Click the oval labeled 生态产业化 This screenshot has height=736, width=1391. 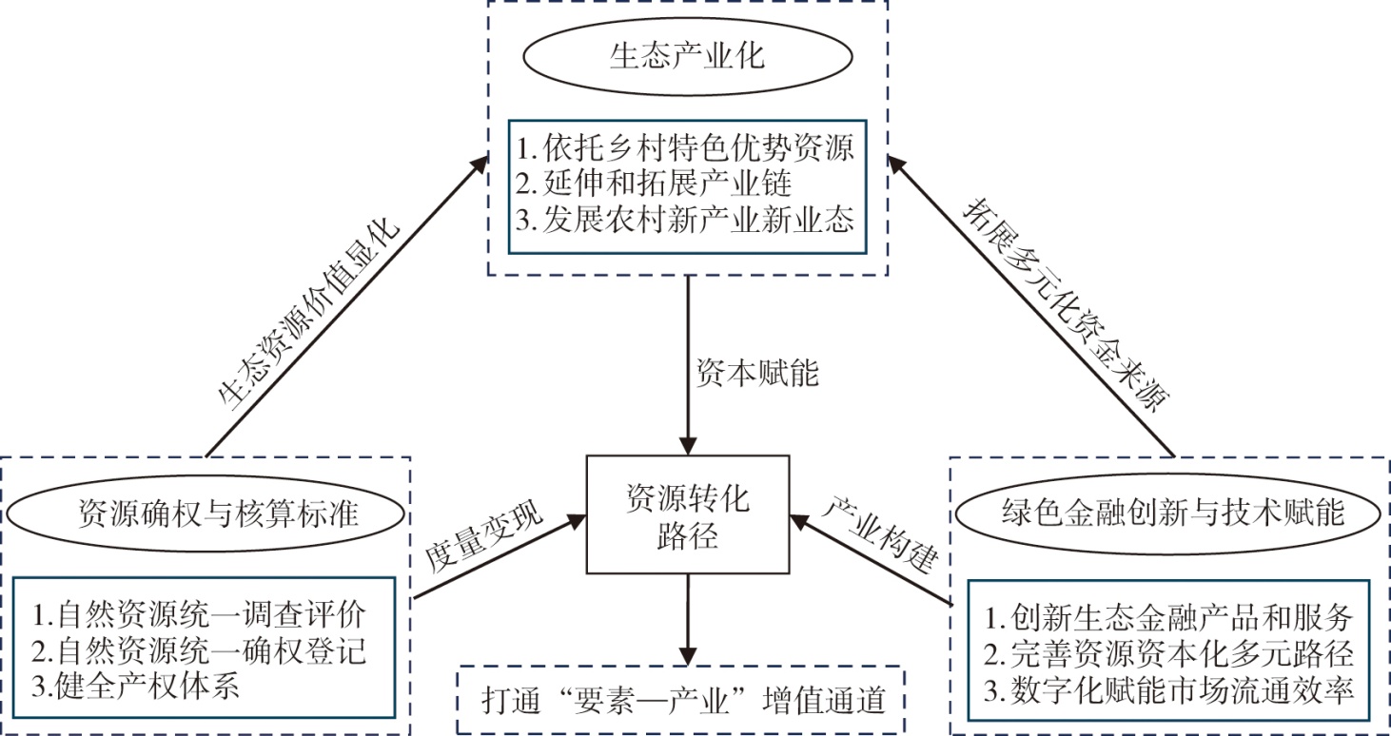(687, 56)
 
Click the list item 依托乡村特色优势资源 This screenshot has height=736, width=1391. (687, 147)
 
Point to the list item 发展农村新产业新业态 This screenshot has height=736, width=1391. (687, 221)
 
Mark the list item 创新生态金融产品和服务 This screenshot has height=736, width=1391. (1168, 617)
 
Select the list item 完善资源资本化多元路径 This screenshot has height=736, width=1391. (1168, 654)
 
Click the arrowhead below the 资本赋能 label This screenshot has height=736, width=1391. (687, 444)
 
